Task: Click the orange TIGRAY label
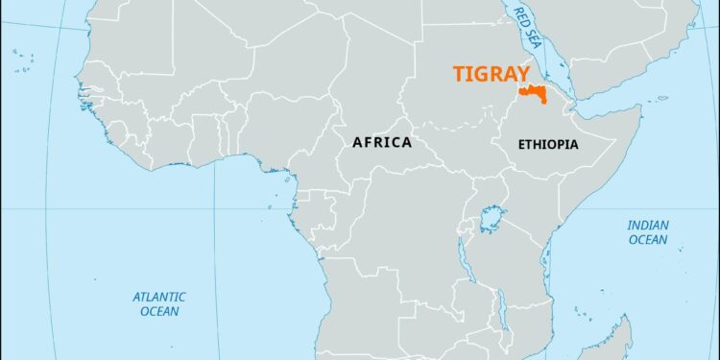pyautogui.click(x=492, y=75)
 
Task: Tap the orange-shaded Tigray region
pyautogui.click(x=530, y=93)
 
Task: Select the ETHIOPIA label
pyautogui.click(x=547, y=144)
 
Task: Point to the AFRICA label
pyautogui.click(x=382, y=142)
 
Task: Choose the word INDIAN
pyautogui.click(x=648, y=226)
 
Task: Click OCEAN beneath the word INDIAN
pyautogui.click(x=648, y=240)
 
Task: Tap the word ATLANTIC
pyautogui.click(x=159, y=297)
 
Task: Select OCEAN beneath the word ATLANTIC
pyautogui.click(x=159, y=311)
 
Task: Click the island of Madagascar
pyautogui.click(x=614, y=341)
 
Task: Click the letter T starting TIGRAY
pyautogui.click(x=459, y=75)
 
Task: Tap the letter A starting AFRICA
pyautogui.click(x=357, y=142)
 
